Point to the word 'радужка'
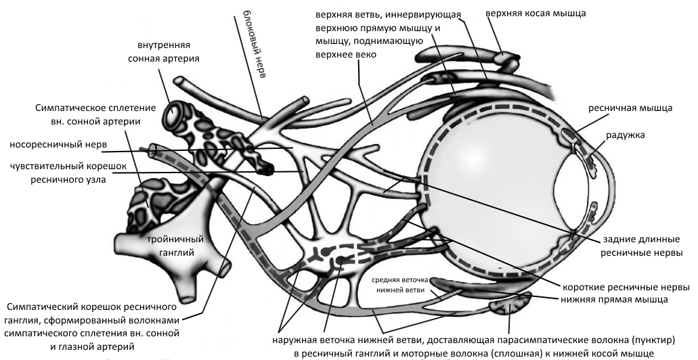[x=626, y=135]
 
